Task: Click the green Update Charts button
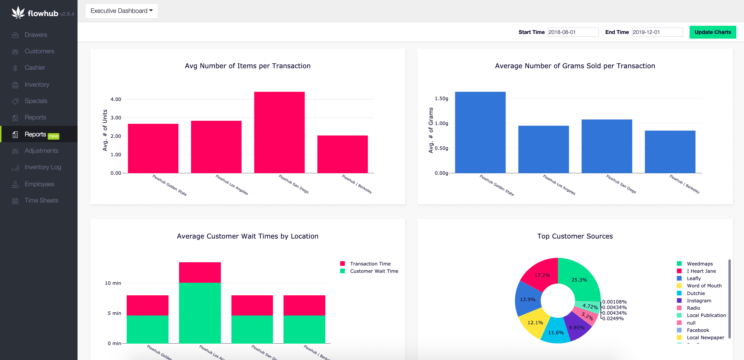tap(712, 32)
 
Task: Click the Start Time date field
tap(573, 32)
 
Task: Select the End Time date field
tap(657, 32)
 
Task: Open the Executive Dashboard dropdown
tap(121, 11)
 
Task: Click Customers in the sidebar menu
tap(39, 51)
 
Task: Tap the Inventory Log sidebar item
tap(43, 167)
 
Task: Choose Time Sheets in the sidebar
tap(41, 200)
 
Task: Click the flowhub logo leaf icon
tap(18, 12)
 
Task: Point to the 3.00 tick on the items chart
tap(116, 118)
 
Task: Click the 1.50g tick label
tap(441, 98)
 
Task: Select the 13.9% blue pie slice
tap(527, 299)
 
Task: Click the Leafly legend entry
tap(694, 278)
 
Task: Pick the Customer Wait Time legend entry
tap(374, 271)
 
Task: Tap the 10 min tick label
tap(113, 283)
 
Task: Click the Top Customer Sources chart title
tap(575, 236)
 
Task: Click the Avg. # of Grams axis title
tap(431, 130)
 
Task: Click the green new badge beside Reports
tap(54, 136)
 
